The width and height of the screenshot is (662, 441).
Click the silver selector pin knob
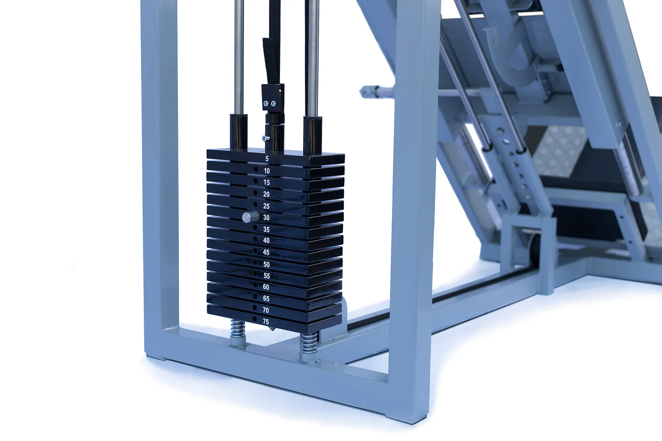pyautogui.click(x=250, y=217)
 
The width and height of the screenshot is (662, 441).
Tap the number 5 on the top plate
pyautogui.click(x=267, y=159)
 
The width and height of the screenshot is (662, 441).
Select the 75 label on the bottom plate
pyautogui.click(x=266, y=322)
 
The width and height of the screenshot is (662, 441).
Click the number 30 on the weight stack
pyautogui.click(x=266, y=218)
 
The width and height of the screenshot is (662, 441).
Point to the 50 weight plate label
pyautogui.click(x=266, y=264)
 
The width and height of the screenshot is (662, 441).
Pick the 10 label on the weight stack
pyautogui.click(x=267, y=171)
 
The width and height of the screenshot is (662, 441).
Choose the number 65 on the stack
pyautogui.click(x=266, y=298)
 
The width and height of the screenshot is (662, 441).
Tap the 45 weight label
pyautogui.click(x=266, y=252)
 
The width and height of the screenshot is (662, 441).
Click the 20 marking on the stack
pyautogui.click(x=266, y=194)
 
